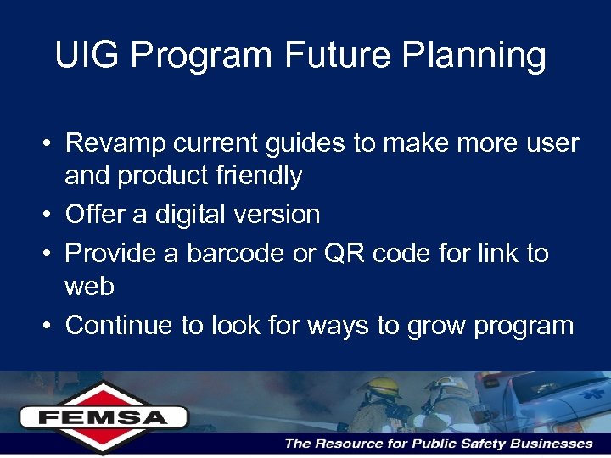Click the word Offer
[x=95, y=215]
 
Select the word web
[x=89, y=287]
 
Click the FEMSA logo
[x=104, y=416]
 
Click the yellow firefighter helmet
[x=379, y=386]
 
